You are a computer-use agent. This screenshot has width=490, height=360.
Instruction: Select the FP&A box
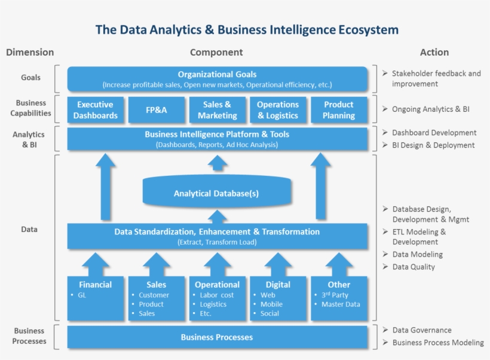tap(156, 110)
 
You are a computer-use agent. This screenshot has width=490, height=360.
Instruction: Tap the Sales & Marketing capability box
tap(217, 110)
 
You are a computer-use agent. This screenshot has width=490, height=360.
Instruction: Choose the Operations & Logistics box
tap(278, 110)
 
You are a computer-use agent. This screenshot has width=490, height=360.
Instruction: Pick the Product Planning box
tap(339, 110)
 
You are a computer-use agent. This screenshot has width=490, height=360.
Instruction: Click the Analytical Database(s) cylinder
tap(216, 193)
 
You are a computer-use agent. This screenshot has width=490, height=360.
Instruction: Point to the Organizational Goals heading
tap(217, 75)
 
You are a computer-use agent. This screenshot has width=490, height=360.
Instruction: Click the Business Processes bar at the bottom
tap(217, 337)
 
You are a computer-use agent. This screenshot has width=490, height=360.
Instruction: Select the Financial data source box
tap(96, 298)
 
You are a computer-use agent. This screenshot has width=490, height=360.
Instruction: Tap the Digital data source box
tap(278, 298)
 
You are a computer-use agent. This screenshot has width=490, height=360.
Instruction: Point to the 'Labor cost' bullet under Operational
tap(217, 295)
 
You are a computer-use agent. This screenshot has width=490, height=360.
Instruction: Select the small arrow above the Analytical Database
tap(216, 166)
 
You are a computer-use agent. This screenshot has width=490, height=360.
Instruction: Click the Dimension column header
tap(30, 53)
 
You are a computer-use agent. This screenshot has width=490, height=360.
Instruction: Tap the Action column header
tap(434, 53)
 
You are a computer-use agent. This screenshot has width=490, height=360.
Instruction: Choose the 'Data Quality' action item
tap(414, 267)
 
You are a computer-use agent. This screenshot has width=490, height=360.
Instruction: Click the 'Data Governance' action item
tap(421, 330)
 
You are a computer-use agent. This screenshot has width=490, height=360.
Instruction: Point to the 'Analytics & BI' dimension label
tap(29, 139)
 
